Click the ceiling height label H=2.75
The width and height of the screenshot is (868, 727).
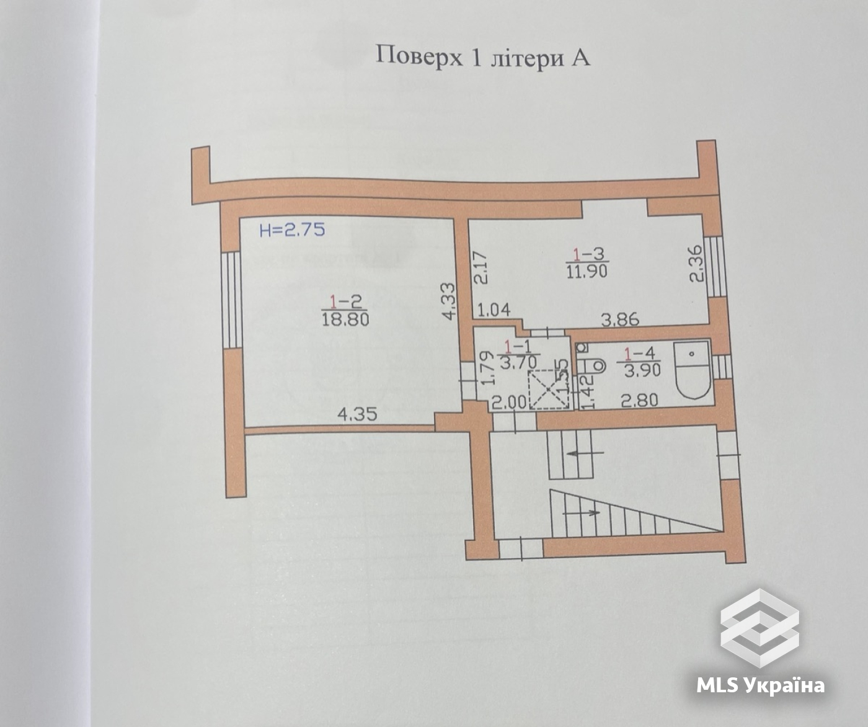click(292, 230)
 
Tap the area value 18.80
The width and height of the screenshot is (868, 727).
click(345, 319)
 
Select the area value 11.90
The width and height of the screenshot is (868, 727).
click(587, 271)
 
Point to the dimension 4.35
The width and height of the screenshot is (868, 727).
click(358, 414)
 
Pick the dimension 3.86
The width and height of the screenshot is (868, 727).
click(620, 320)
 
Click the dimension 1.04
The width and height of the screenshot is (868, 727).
click(494, 310)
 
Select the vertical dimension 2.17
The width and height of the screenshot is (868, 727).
click(480, 267)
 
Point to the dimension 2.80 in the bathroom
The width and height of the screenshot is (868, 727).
click(639, 401)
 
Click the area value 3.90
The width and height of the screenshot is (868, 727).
click(642, 370)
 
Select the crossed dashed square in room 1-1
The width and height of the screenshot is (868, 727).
click(548, 390)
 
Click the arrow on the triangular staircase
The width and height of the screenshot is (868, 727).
click(581, 513)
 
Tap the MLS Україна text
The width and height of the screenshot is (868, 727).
click(760, 685)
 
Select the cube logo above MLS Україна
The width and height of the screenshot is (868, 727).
click(759, 628)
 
